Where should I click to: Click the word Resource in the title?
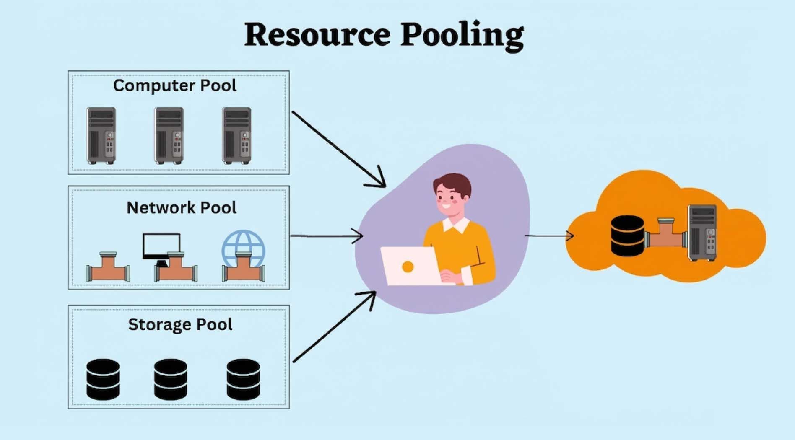coord(317,34)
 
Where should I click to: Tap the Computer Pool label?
coord(174,85)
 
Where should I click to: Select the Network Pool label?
coord(181,207)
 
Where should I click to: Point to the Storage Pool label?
coord(180,324)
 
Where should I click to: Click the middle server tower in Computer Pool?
coord(169,135)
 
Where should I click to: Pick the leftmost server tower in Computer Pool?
coord(101,135)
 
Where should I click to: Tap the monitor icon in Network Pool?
coord(161,246)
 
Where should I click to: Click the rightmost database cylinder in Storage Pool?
coord(243,379)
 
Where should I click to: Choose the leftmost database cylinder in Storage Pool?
coord(103,379)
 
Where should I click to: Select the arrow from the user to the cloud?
coord(549,236)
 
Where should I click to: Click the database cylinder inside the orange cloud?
coord(627,236)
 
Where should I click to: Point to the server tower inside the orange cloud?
coord(703,233)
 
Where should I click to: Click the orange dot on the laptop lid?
coord(408,267)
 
